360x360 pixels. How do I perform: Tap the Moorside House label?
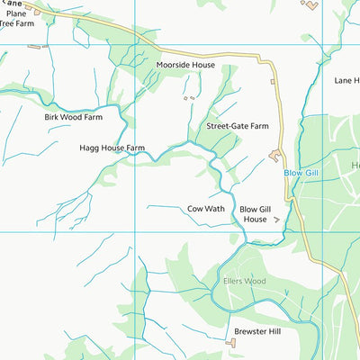(185, 66)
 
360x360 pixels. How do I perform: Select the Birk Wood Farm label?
(74, 117)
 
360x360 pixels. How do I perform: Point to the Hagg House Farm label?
(112, 148)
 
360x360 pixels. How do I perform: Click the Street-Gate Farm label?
(238, 127)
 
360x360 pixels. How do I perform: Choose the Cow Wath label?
(206, 208)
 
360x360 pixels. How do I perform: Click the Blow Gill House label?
(254, 213)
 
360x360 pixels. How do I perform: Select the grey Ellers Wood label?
(244, 281)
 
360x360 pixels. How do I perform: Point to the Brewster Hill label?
(258, 332)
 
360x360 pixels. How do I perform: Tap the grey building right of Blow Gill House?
(276, 219)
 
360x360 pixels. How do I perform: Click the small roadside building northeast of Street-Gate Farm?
(273, 82)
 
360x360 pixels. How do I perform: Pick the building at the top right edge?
(310, 5)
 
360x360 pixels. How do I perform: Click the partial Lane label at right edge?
(346, 80)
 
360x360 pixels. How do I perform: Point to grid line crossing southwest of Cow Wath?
(135, 231)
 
